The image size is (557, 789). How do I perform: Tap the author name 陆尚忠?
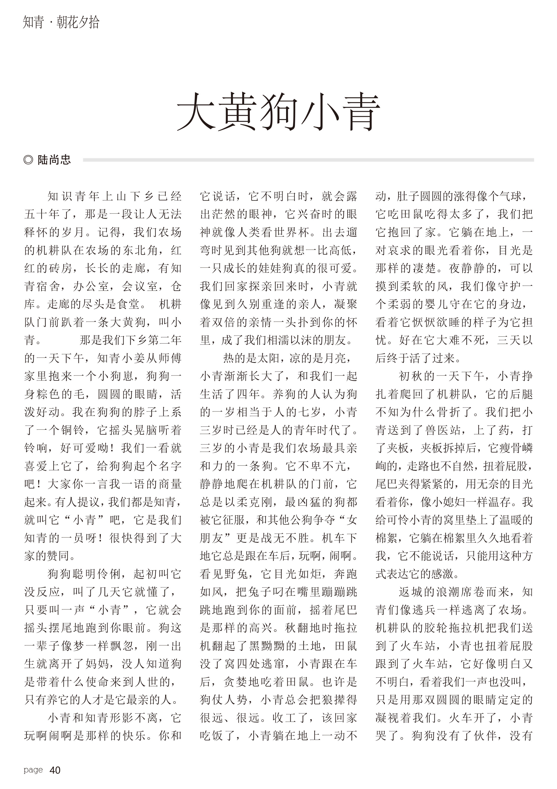point(54,160)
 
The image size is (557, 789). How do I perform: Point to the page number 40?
point(55,770)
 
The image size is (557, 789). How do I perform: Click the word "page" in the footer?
point(33,770)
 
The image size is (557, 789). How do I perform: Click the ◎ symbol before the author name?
point(28,160)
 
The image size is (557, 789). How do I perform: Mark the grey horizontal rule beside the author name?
point(308,160)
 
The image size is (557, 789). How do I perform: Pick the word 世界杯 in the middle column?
point(291,232)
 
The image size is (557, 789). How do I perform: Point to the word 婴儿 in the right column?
point(447,304)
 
